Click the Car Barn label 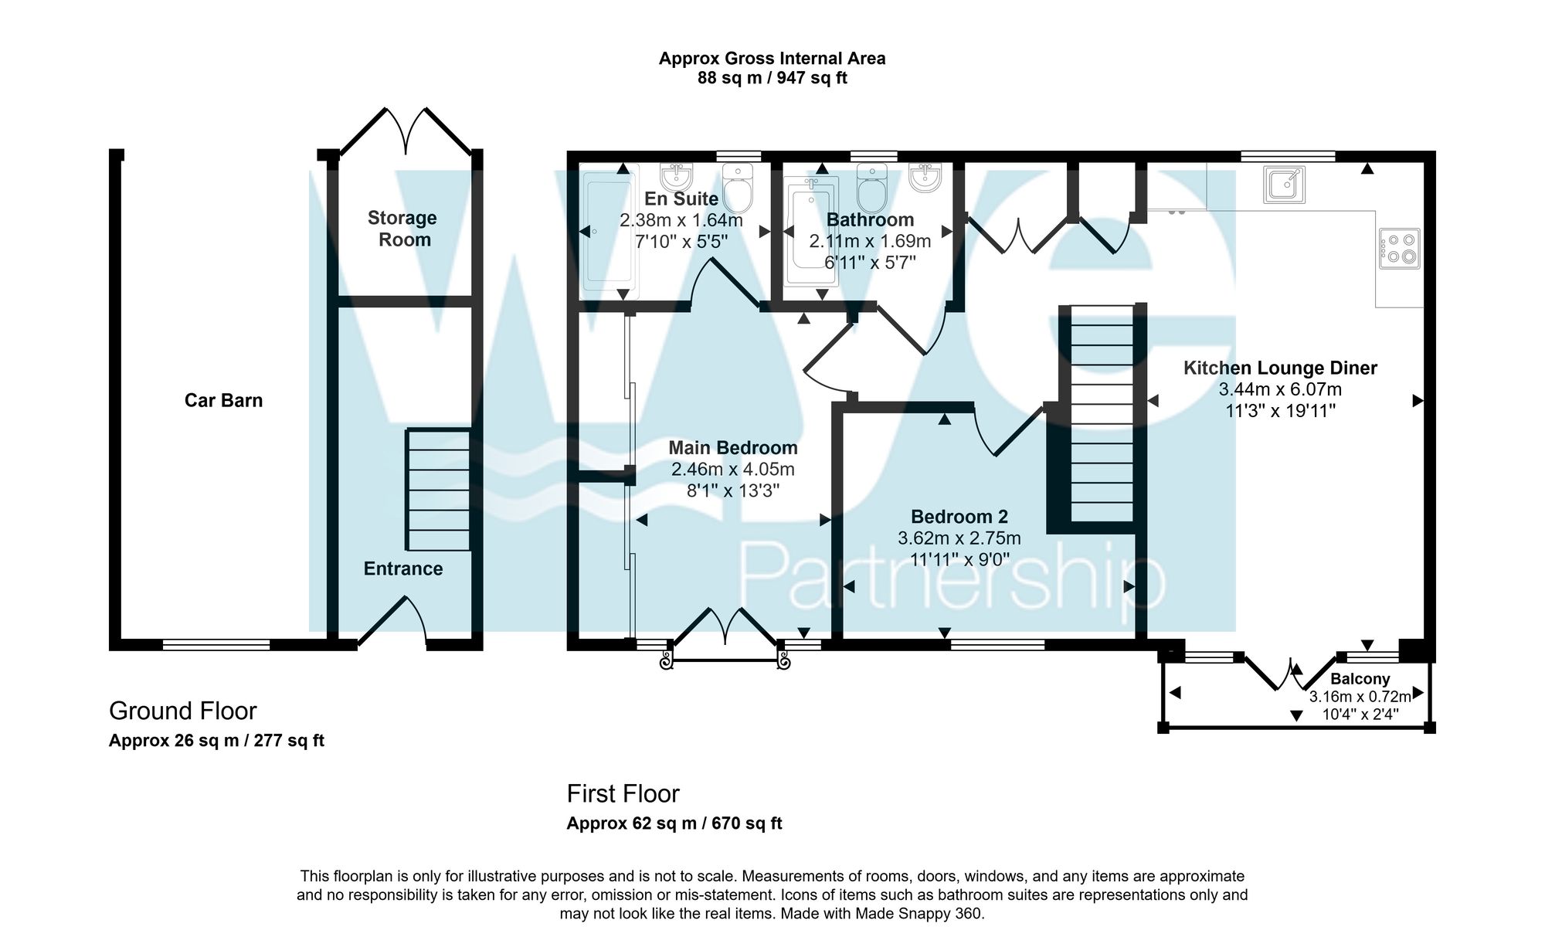223,400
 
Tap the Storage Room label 402,229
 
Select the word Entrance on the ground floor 403,569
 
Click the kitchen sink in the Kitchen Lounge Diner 1285,185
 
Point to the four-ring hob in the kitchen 1399,249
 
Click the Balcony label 1360,679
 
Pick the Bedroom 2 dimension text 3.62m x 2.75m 959,538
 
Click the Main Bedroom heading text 732,448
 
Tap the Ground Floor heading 182,711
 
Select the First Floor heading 623,794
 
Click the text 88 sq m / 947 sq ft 772,78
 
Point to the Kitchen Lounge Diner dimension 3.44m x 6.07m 1279,389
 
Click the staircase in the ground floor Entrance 438,490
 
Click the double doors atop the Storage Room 406,131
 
